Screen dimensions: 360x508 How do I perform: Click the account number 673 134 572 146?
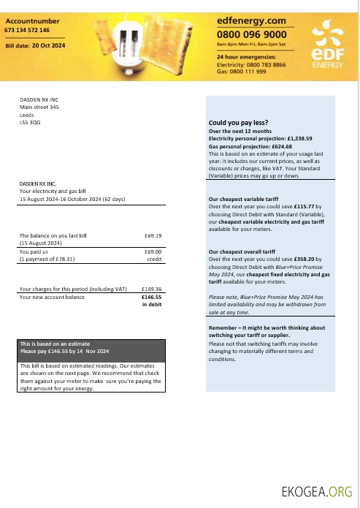click(x=27, y=31)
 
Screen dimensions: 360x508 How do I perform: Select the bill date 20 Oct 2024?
click(x=49, y=45)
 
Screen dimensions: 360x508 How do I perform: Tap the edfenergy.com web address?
click(x=251, y=21)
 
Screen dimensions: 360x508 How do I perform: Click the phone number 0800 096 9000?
click(x=252, y=34)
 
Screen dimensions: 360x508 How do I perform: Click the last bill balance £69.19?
click(x=153, y=236)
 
